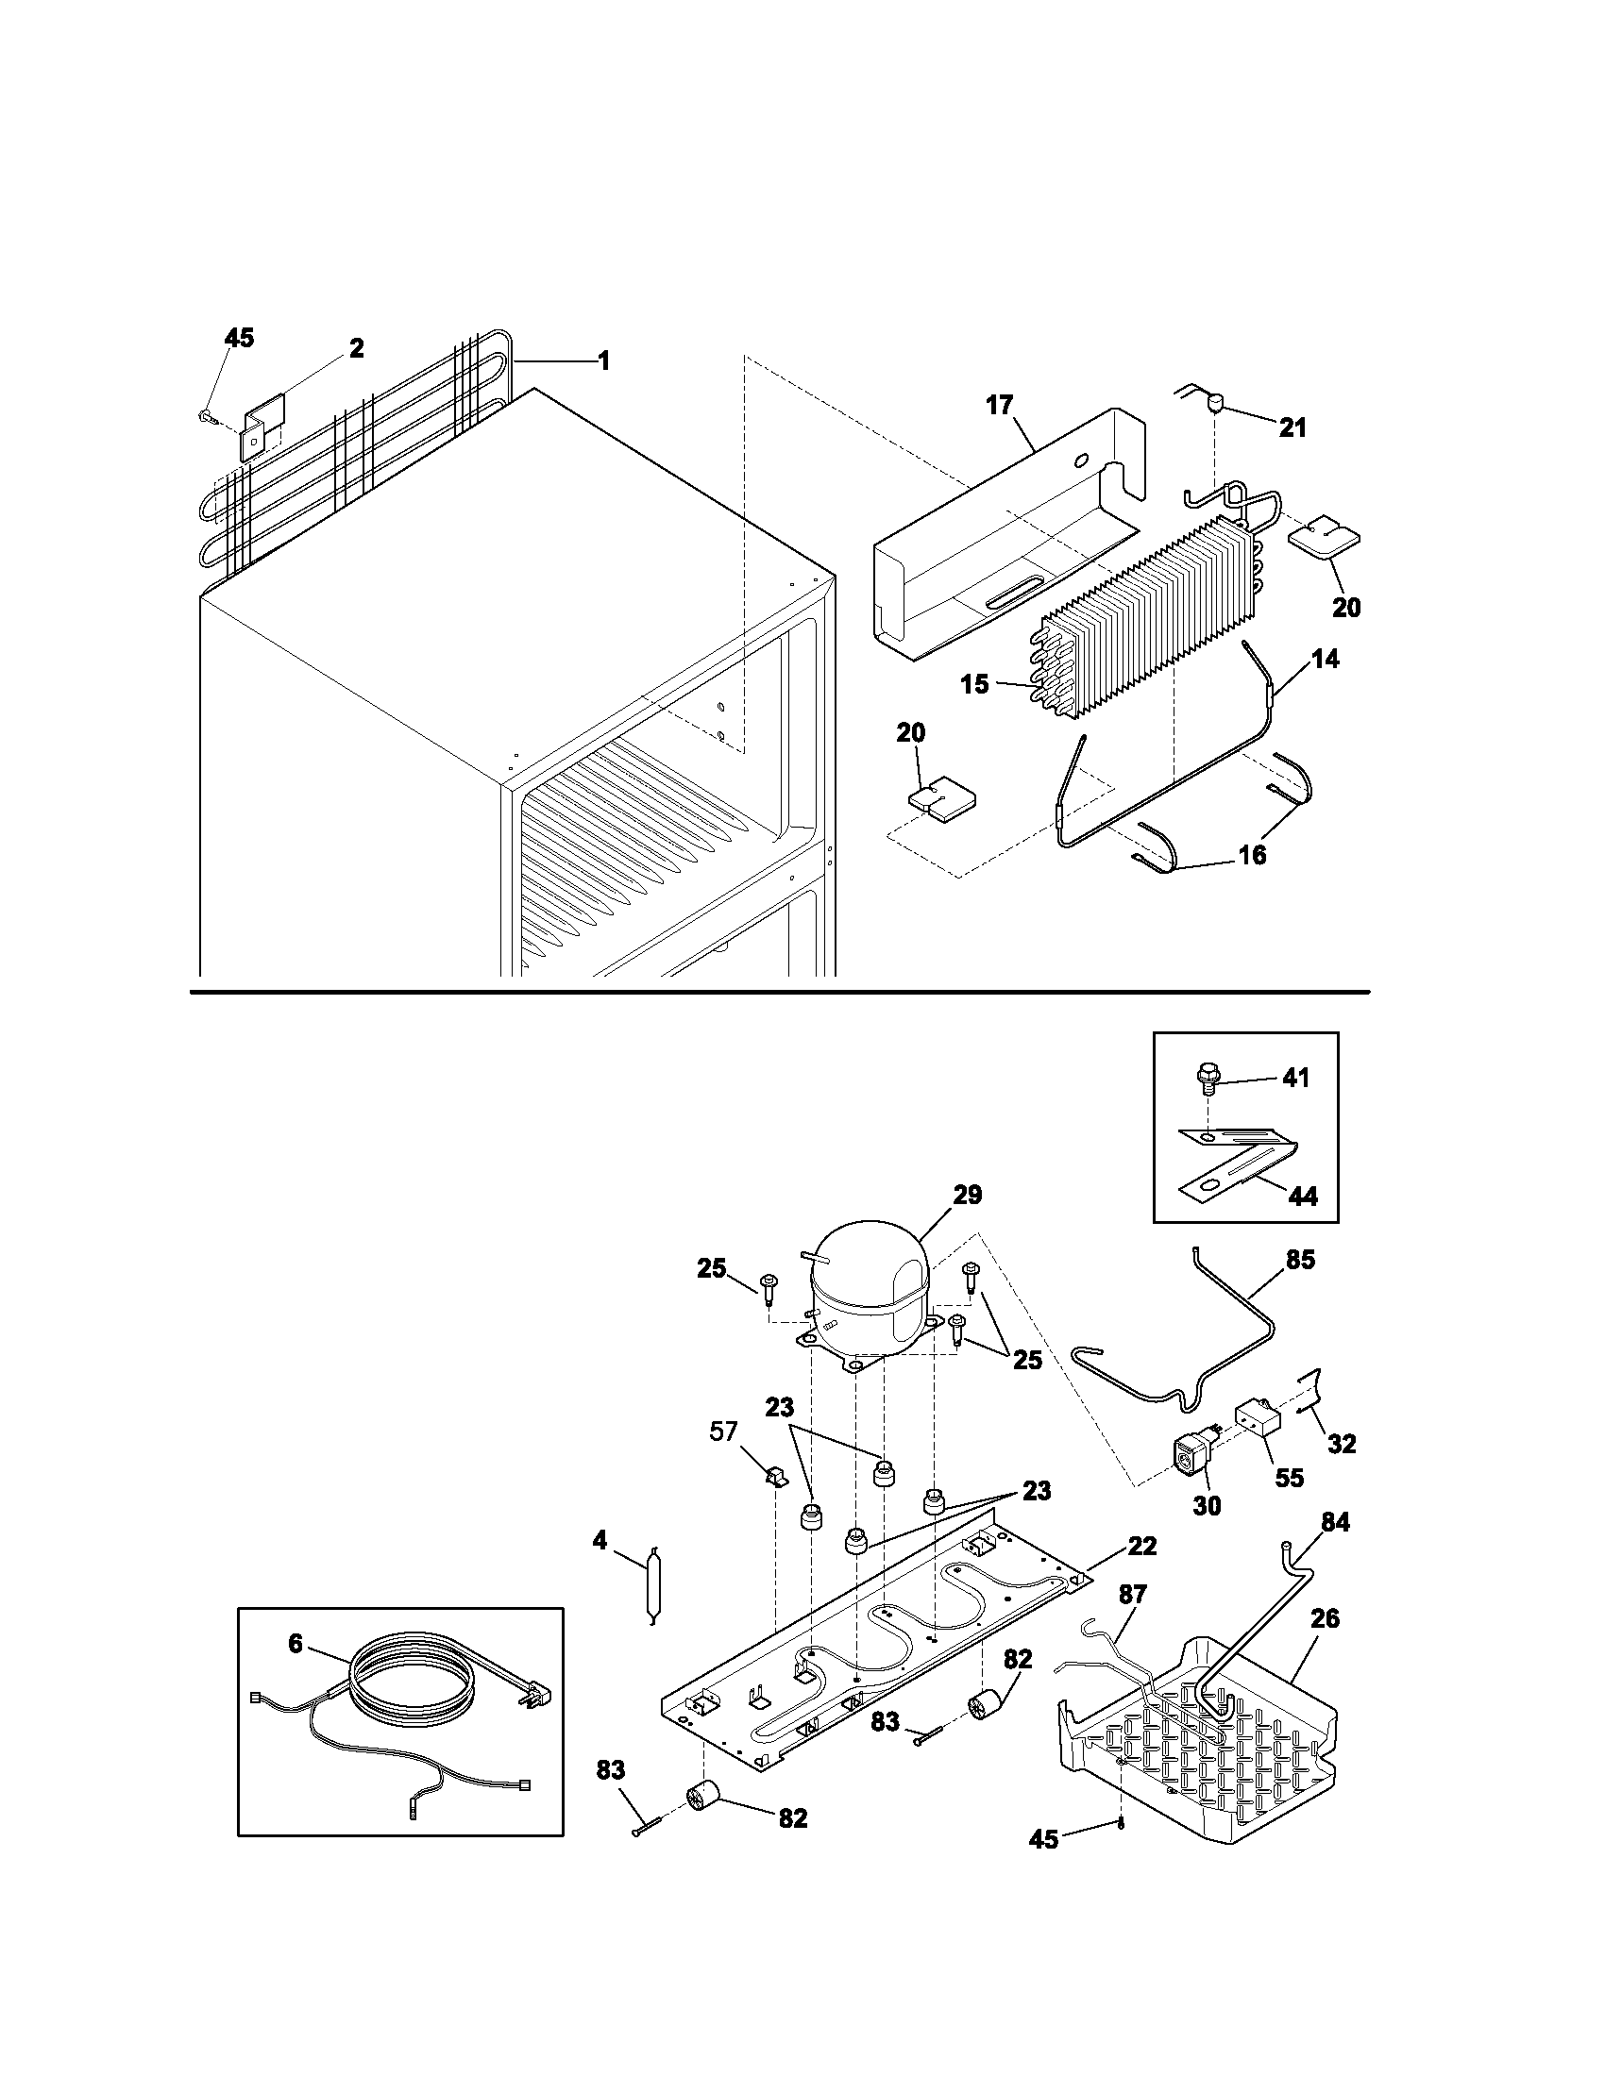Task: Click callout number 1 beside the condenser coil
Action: click(603, 361)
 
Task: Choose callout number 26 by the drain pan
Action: click(1325, 1617)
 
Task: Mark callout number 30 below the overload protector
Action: click(1207, 1506)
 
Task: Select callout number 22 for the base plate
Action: click(1142, 1547)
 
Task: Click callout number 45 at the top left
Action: click(240, 339)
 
